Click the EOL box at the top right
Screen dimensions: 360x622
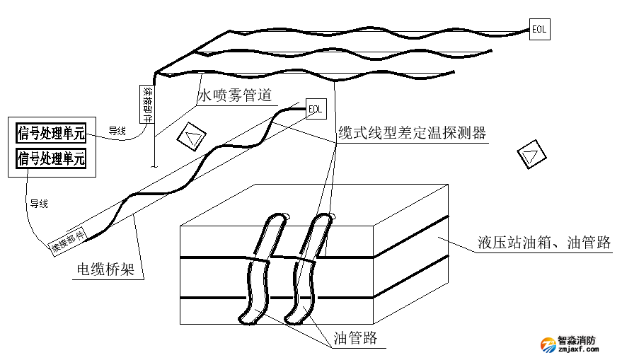pyautogui.click(x=539, y=30)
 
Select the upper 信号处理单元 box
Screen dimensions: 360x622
pyautogui.click(x=51, y=132)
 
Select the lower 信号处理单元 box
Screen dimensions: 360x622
pyautogui.click(x=51, y=157)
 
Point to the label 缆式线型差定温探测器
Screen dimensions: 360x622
pyautogui.click(x=412, y=132)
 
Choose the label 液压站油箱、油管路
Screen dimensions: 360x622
pyautogui.click(x=543, y=243)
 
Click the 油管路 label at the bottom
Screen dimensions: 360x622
pyautogui.click(x=355, y=338)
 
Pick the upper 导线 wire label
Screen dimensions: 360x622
pyautogui.click(x=117, y=131)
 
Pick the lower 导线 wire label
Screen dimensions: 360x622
pyautogui.click(x=39, y=204)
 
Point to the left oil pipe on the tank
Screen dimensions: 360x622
pyautogui.click(x=259, y=269)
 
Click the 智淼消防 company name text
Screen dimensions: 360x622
pyautogui.click(x=577, y=339)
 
